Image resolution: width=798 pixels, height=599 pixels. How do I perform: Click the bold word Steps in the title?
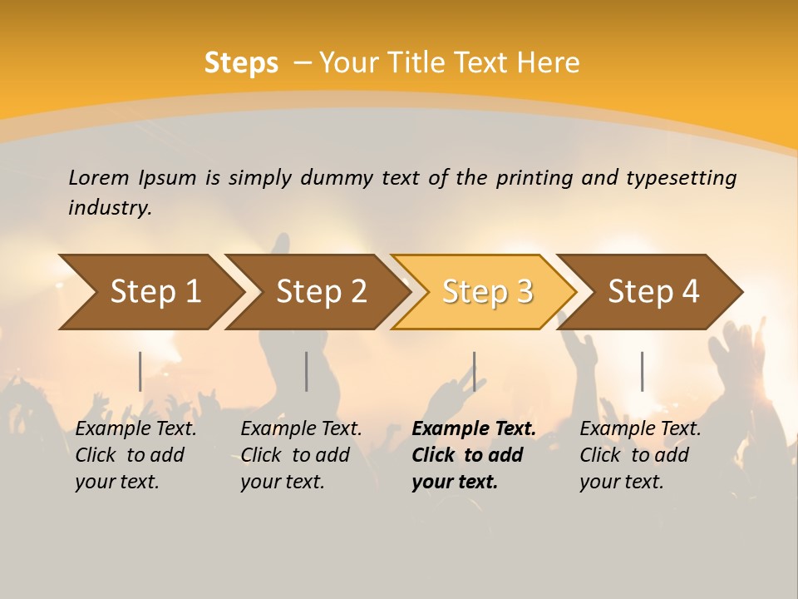241,63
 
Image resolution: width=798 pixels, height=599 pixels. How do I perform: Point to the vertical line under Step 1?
140,371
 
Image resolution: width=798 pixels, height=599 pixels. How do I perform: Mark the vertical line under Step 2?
307,371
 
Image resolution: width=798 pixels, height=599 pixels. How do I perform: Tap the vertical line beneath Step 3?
474,371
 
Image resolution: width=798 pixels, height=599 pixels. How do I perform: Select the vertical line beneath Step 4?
642,371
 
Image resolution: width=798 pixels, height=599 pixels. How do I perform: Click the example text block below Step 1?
135,455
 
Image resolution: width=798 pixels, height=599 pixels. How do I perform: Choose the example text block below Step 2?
301,455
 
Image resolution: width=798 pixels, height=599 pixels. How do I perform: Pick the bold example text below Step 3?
473,455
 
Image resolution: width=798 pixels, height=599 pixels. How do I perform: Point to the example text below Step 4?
640,455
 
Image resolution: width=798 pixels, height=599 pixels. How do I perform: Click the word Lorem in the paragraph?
98,178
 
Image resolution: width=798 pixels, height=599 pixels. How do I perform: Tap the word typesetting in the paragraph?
681,178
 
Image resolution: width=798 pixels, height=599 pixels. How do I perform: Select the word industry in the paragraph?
110,208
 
